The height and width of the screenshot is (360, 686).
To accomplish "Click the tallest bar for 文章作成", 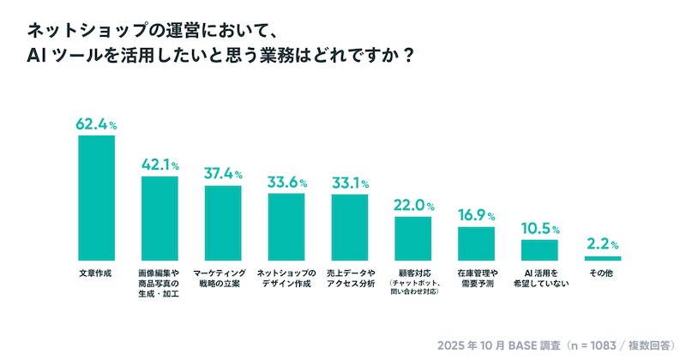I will (x=96, y=197).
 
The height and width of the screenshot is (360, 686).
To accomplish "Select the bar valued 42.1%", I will (x=159, y=218).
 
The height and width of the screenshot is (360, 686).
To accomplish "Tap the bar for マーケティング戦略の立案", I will (x=223, y=223).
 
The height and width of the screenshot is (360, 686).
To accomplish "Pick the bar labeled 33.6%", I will (x=286, y=226).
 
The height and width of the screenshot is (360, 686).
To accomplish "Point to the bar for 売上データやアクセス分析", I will (x=350, y=227).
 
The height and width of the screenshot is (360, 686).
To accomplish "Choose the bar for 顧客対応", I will (x=413, y=238).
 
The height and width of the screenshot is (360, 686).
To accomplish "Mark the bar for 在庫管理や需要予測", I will (x=477, y=243).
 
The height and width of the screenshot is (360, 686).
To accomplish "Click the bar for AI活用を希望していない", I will (x=540, y=249).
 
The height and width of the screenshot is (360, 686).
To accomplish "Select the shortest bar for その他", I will (x=603, y=258).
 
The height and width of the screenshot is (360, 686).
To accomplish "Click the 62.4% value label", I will (x=96, y=124).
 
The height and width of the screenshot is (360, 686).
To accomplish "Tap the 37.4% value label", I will (x=223, y=174).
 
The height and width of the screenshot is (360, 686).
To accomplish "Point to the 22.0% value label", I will (x=413, y=206).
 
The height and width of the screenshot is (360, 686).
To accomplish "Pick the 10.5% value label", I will (x=540, y=229).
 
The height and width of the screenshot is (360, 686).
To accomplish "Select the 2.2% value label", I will (x=603, y=244).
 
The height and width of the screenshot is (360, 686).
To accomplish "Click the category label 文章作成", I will (x=96, y=273).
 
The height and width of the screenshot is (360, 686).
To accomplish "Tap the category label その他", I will (x=603, y=273).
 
